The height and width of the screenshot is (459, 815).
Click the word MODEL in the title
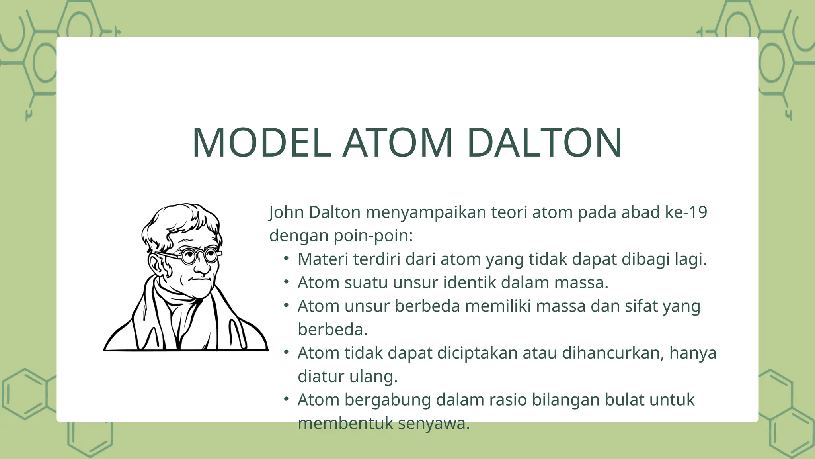coord(261,143)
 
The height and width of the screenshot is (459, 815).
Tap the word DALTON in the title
coord(544,143)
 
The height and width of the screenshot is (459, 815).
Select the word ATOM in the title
coord(398,143)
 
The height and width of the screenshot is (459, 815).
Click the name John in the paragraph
coord(287,212)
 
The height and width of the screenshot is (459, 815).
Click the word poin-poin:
coord(373,236)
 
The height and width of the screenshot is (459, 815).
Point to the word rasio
coord(508,400)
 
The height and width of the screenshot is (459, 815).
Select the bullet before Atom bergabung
coord(286,399)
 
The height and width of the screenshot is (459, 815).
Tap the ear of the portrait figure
coord(156,264)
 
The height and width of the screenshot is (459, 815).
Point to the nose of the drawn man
coord(203,268)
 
